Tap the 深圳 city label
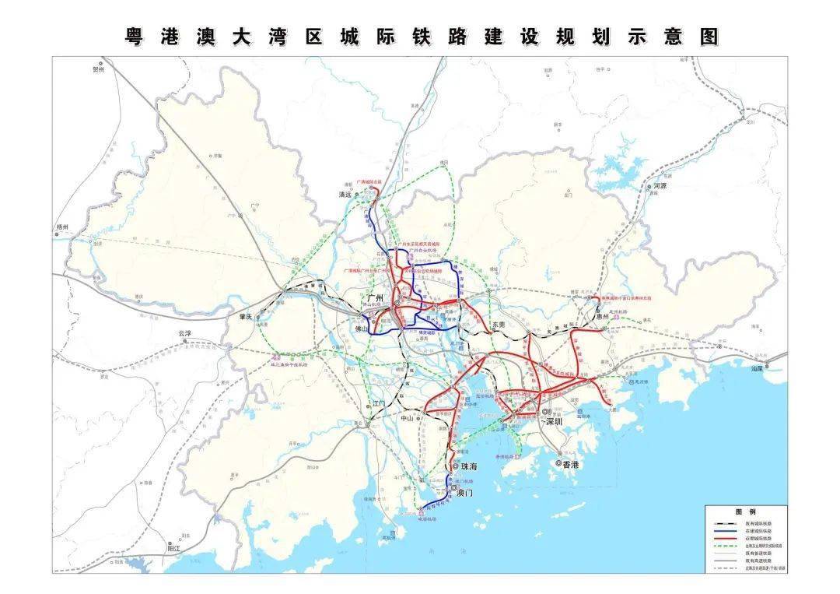(554, 421)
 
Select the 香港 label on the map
(571, 464)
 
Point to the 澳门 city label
(464, 493)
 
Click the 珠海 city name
(469, 467)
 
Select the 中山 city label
(408, 418)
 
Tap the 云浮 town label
(184, 333)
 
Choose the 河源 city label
(661, 187)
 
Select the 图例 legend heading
(746, 511)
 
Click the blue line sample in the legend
(724, 530)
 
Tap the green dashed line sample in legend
(724, 546)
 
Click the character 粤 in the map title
(135, 37)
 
